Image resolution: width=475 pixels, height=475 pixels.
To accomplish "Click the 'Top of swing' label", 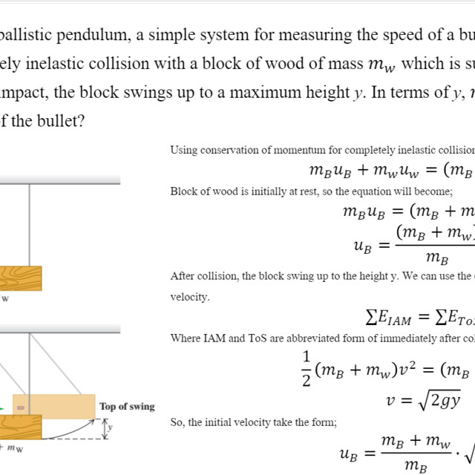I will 127,406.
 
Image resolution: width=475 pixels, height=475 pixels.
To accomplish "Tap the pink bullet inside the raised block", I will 20,407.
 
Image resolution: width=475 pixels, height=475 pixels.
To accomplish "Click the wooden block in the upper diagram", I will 21,278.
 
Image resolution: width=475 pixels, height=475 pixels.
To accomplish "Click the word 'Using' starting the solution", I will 183,150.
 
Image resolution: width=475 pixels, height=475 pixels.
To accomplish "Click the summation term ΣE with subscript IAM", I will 389,318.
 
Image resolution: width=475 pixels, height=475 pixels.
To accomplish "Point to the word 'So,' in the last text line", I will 177,423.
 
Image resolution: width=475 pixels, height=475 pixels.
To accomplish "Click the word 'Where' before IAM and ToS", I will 186,338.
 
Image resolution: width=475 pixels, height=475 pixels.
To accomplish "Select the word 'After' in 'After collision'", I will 183,276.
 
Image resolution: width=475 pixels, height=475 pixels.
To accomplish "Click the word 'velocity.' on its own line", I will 190,297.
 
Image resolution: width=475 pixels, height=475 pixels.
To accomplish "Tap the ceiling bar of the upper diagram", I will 59,180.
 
